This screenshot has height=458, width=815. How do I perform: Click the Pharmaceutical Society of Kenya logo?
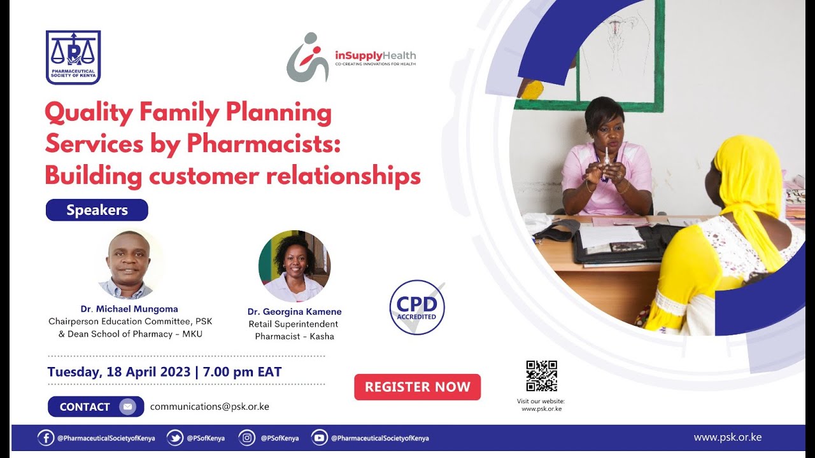pyautogui.click(x=73, y=57)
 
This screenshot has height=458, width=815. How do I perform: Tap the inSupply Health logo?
pyautogui.click(x=351, y=57)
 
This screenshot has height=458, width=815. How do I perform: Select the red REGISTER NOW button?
pyautogui.click(x=417, y=387)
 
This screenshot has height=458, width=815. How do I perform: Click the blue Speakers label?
pyautogui.click(x=97, y=210)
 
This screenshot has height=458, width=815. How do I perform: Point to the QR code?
pyautogui.click(x=541, y=376)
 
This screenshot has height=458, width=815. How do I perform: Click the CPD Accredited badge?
pyautogui.click(x=417, y=307)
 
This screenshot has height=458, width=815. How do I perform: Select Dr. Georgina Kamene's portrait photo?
pyautogui.click(x=294, y=266)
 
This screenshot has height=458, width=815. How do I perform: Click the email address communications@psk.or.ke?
pyautogui.click(x=209, y=406)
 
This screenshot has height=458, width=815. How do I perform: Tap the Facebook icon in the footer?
pyautogui.click(x=46, y=438)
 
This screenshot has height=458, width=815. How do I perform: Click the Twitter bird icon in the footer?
pyautogui.click(x=175, y=438)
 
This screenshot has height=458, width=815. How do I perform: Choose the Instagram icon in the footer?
pyautogui.click(x=247, y=438)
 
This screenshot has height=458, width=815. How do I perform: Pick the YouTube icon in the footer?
pyautogui.click(x=320, y=438)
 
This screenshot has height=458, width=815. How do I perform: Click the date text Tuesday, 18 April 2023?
pyautogui.click(x=118, y=372)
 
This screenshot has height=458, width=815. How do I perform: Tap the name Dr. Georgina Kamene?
pyautogui.click(x=294, y=312)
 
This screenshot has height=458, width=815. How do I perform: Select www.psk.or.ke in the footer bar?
pyautogui.click(x=727, y=438)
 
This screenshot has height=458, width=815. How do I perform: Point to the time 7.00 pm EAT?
pyautogui.click(x=241, y=372)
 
